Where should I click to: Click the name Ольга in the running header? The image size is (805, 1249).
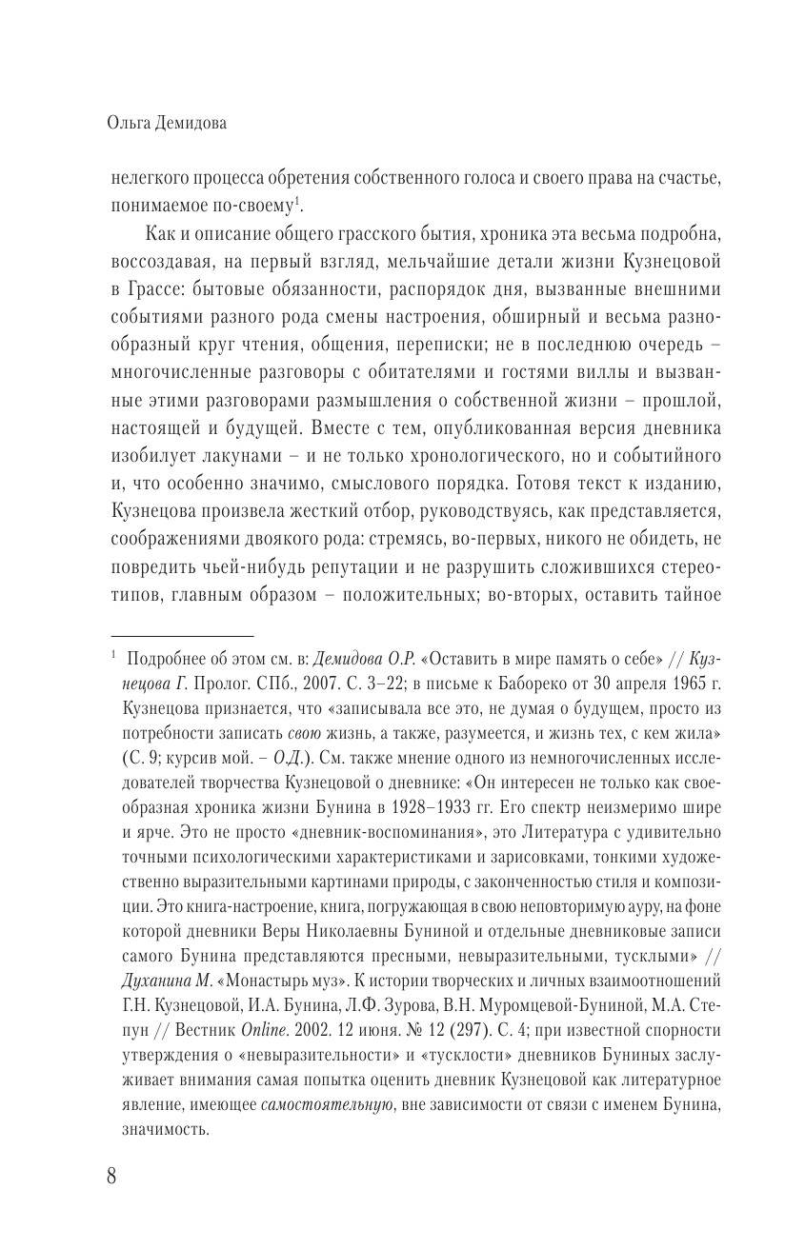pos(131,121)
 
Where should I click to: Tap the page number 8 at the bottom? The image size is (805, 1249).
pos(112,1175)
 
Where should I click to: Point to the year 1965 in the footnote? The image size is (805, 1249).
pos(682,684)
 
